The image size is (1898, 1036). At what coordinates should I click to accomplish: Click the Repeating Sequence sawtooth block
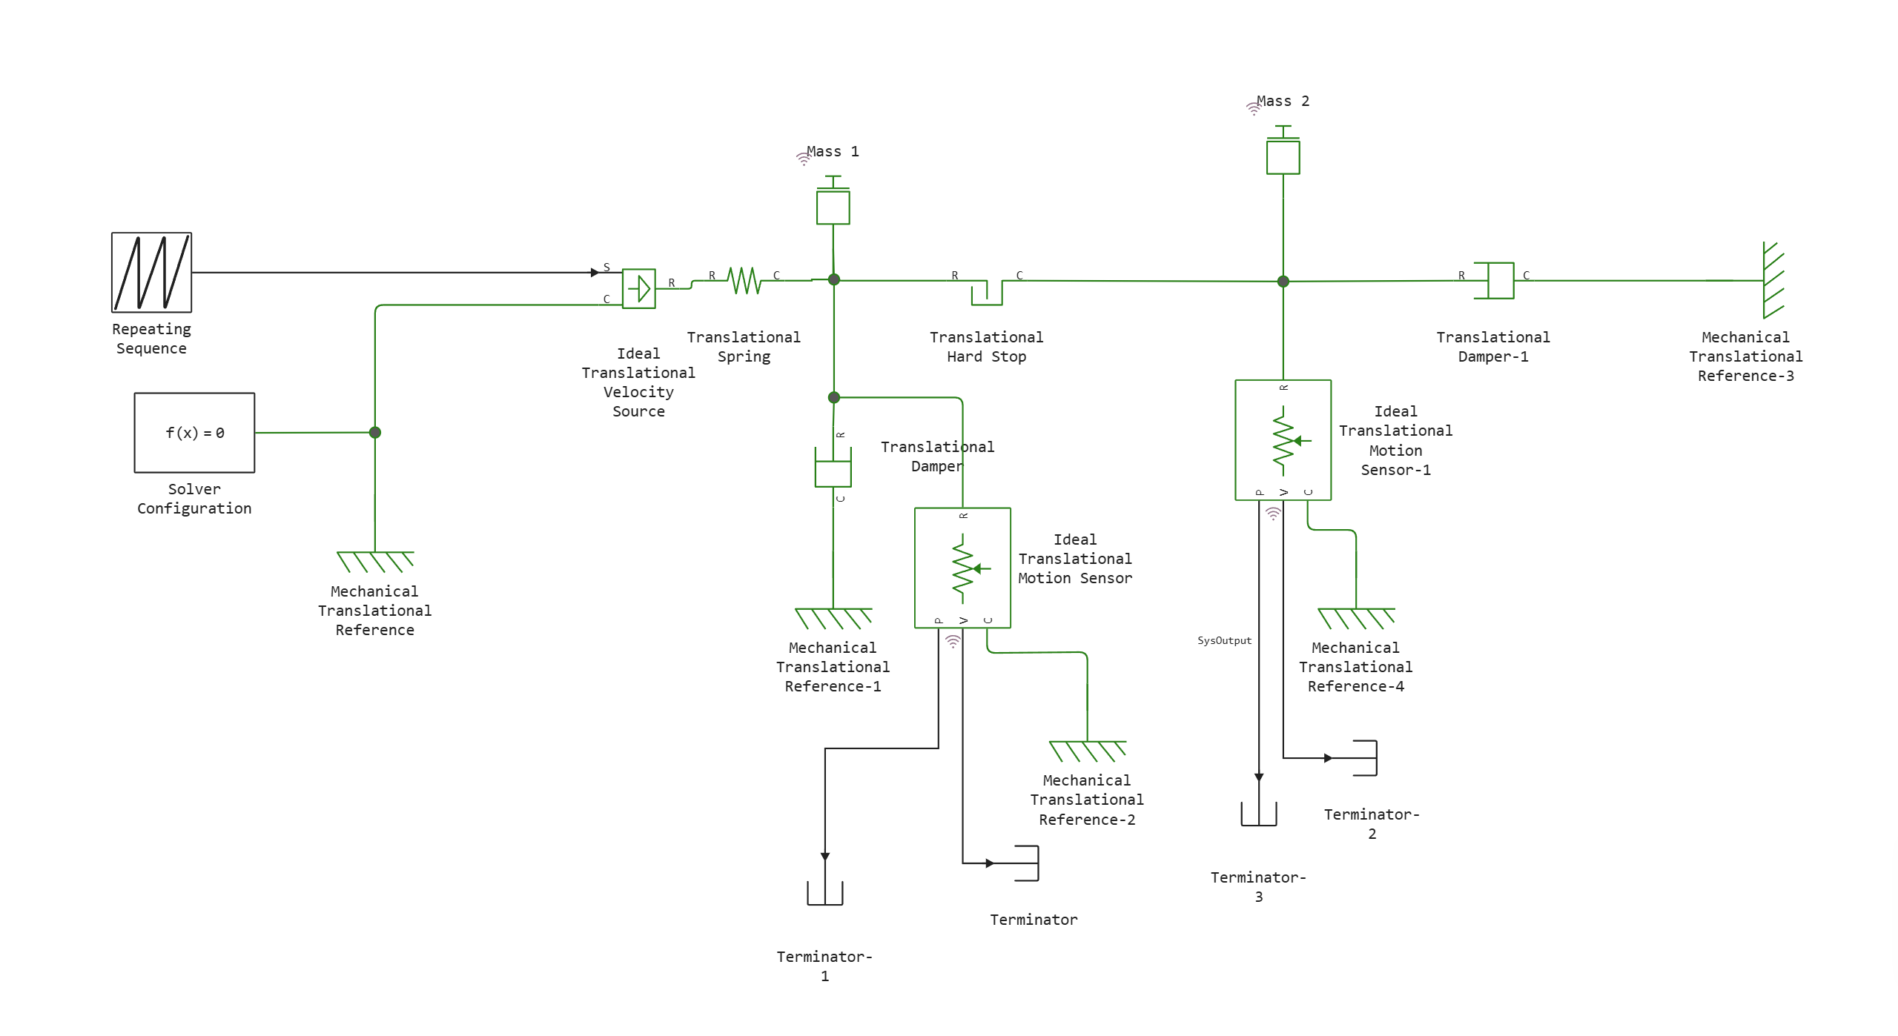(151, 273)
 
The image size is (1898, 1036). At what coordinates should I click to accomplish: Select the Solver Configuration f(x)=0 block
(194, 433)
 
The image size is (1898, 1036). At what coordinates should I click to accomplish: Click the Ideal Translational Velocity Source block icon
(638, 288)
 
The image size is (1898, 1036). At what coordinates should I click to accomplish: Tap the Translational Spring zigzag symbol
(744, 281)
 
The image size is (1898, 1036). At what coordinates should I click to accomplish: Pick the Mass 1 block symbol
(833, 206)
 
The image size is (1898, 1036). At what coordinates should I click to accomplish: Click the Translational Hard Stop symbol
(987, 291)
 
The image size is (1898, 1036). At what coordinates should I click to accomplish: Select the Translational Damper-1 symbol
(1493, 281)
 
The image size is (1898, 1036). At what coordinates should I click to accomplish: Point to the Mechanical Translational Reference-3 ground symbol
(1773, 280)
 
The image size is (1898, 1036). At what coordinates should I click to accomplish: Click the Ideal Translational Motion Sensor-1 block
(1283, 440)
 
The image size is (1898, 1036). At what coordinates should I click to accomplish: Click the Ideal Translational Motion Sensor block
(962, 568)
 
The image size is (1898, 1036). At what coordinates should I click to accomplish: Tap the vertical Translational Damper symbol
(833, 467)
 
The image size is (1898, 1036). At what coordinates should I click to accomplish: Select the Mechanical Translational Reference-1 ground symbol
(833, 618)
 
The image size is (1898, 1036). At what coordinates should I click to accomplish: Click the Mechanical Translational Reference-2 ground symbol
(1088, 751)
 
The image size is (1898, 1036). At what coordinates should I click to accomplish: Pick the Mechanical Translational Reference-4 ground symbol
(1356, 618)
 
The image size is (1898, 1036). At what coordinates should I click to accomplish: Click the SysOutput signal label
(1224, 641)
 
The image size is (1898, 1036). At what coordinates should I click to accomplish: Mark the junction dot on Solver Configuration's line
(375, 433)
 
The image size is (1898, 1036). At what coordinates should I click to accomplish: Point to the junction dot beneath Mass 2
(1283, 282)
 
